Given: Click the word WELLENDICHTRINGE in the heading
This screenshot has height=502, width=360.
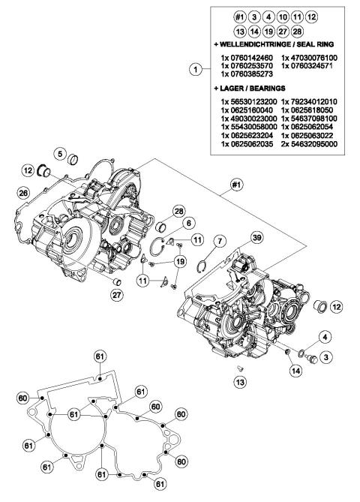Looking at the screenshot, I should coord(261,44).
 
